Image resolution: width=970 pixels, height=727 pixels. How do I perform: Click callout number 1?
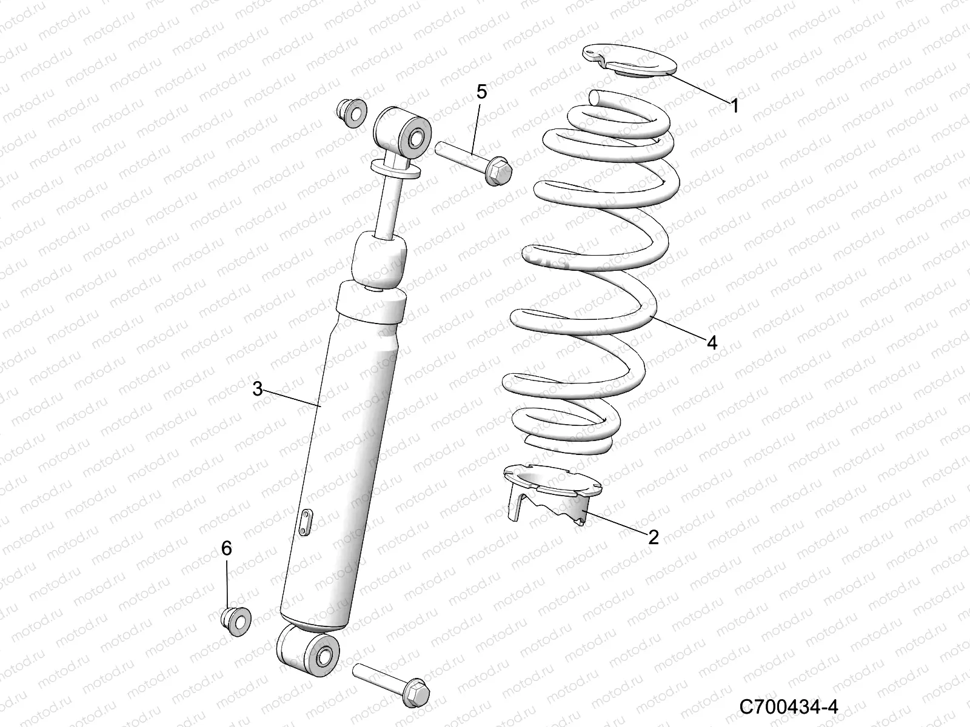point(734,107)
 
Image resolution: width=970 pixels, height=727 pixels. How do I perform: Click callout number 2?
point(653,537)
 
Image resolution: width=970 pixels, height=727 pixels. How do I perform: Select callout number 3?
point(258,388)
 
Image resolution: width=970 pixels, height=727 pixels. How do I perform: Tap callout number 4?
point(712,342)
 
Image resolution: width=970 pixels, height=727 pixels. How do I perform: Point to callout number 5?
point(481,92)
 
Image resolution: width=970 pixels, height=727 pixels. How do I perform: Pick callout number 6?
point(226,548)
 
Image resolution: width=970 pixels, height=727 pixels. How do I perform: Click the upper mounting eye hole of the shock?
point(418,138)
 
